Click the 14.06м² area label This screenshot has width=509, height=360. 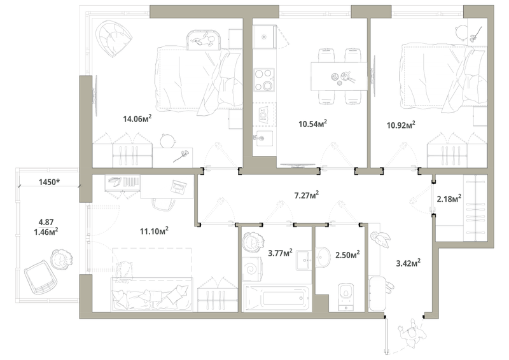point(137,118)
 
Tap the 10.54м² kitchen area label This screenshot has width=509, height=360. point(312,123)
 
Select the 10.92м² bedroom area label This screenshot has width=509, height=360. point(401,125)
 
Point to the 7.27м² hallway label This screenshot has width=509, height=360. point(306,195)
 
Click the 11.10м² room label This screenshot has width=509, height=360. point(154,231)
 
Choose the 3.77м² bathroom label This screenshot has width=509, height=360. point(280,253)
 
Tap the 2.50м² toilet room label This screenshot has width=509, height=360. point(347,254)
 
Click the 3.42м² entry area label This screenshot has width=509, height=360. point(408,263)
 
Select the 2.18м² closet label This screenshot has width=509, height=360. point(449,198)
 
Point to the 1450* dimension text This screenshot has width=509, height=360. point(49,182)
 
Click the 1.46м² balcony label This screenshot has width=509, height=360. point(46,231)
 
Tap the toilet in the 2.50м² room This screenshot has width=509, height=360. point(345,296)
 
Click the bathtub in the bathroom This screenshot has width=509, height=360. point(277,298)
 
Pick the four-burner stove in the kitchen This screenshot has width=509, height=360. point(264,80)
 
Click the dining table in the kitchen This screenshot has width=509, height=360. point(339,76)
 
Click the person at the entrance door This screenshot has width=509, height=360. point(412,334)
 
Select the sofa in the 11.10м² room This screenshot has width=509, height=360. point(152,294)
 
